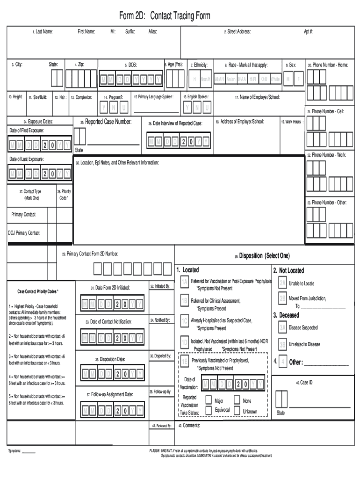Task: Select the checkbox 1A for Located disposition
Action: click(185, 282)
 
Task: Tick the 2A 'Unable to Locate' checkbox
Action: click(282, 283)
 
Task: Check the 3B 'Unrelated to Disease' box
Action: click(282, 344)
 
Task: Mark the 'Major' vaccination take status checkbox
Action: click(209, 400)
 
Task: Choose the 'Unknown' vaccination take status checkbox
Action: click(237, 411)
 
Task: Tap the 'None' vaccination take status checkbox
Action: click(237, 400)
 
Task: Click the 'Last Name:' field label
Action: click(43, 32)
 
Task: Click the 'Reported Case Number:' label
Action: click(106, 122)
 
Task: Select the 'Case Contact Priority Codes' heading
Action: click(38, 291)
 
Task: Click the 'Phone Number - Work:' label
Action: click(328, 155)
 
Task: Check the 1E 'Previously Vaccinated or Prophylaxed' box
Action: click(185, 361)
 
